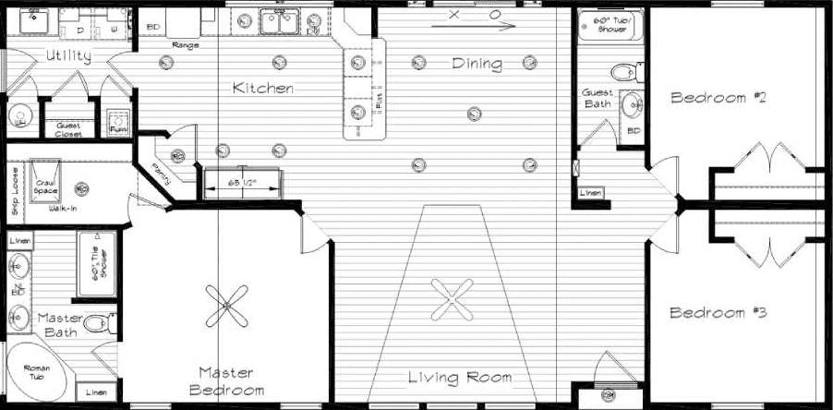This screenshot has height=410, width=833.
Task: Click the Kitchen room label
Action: pyautogui.click(x=263, y=89)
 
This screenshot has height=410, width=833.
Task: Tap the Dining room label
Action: pyautogui.click(x=477, y=64)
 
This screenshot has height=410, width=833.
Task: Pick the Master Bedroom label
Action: pyautogui.click(x=227, y=380)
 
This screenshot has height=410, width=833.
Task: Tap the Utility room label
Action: pyautogui.click(x=67, y=56)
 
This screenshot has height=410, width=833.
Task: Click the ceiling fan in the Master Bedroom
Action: pyautogui.click(x=227, y=305)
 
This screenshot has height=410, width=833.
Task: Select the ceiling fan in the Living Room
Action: pyautogui.click(x=452, y=296)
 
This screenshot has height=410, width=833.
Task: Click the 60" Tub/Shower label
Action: pyautogui.click(x=611, y=24)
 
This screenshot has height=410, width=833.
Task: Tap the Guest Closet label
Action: pyautogui.click(x=69, y=129)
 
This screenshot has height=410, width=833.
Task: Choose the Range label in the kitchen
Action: pyautogui.click(x=185, y=44)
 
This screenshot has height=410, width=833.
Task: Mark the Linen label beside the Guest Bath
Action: pyautogui.click(x=589, y=192)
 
